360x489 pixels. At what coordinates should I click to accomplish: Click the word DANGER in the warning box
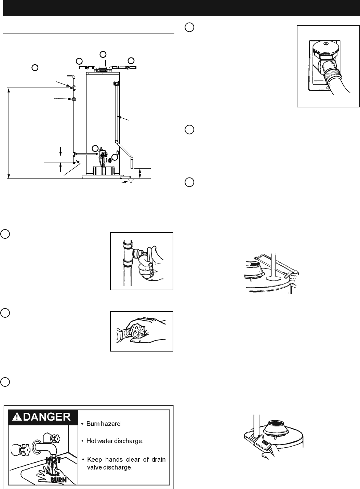click(48, 417)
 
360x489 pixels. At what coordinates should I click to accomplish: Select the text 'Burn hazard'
click(103, 424)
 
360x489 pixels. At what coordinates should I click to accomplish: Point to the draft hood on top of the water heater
click(103, 65)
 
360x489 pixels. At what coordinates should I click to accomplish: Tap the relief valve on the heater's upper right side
click(116, 83)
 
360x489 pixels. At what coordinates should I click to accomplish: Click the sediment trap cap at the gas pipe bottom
click(74, 162)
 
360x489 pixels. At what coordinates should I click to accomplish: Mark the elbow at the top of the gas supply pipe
click(72, 76)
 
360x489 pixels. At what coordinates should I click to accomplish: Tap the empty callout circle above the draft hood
click(103, 54)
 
